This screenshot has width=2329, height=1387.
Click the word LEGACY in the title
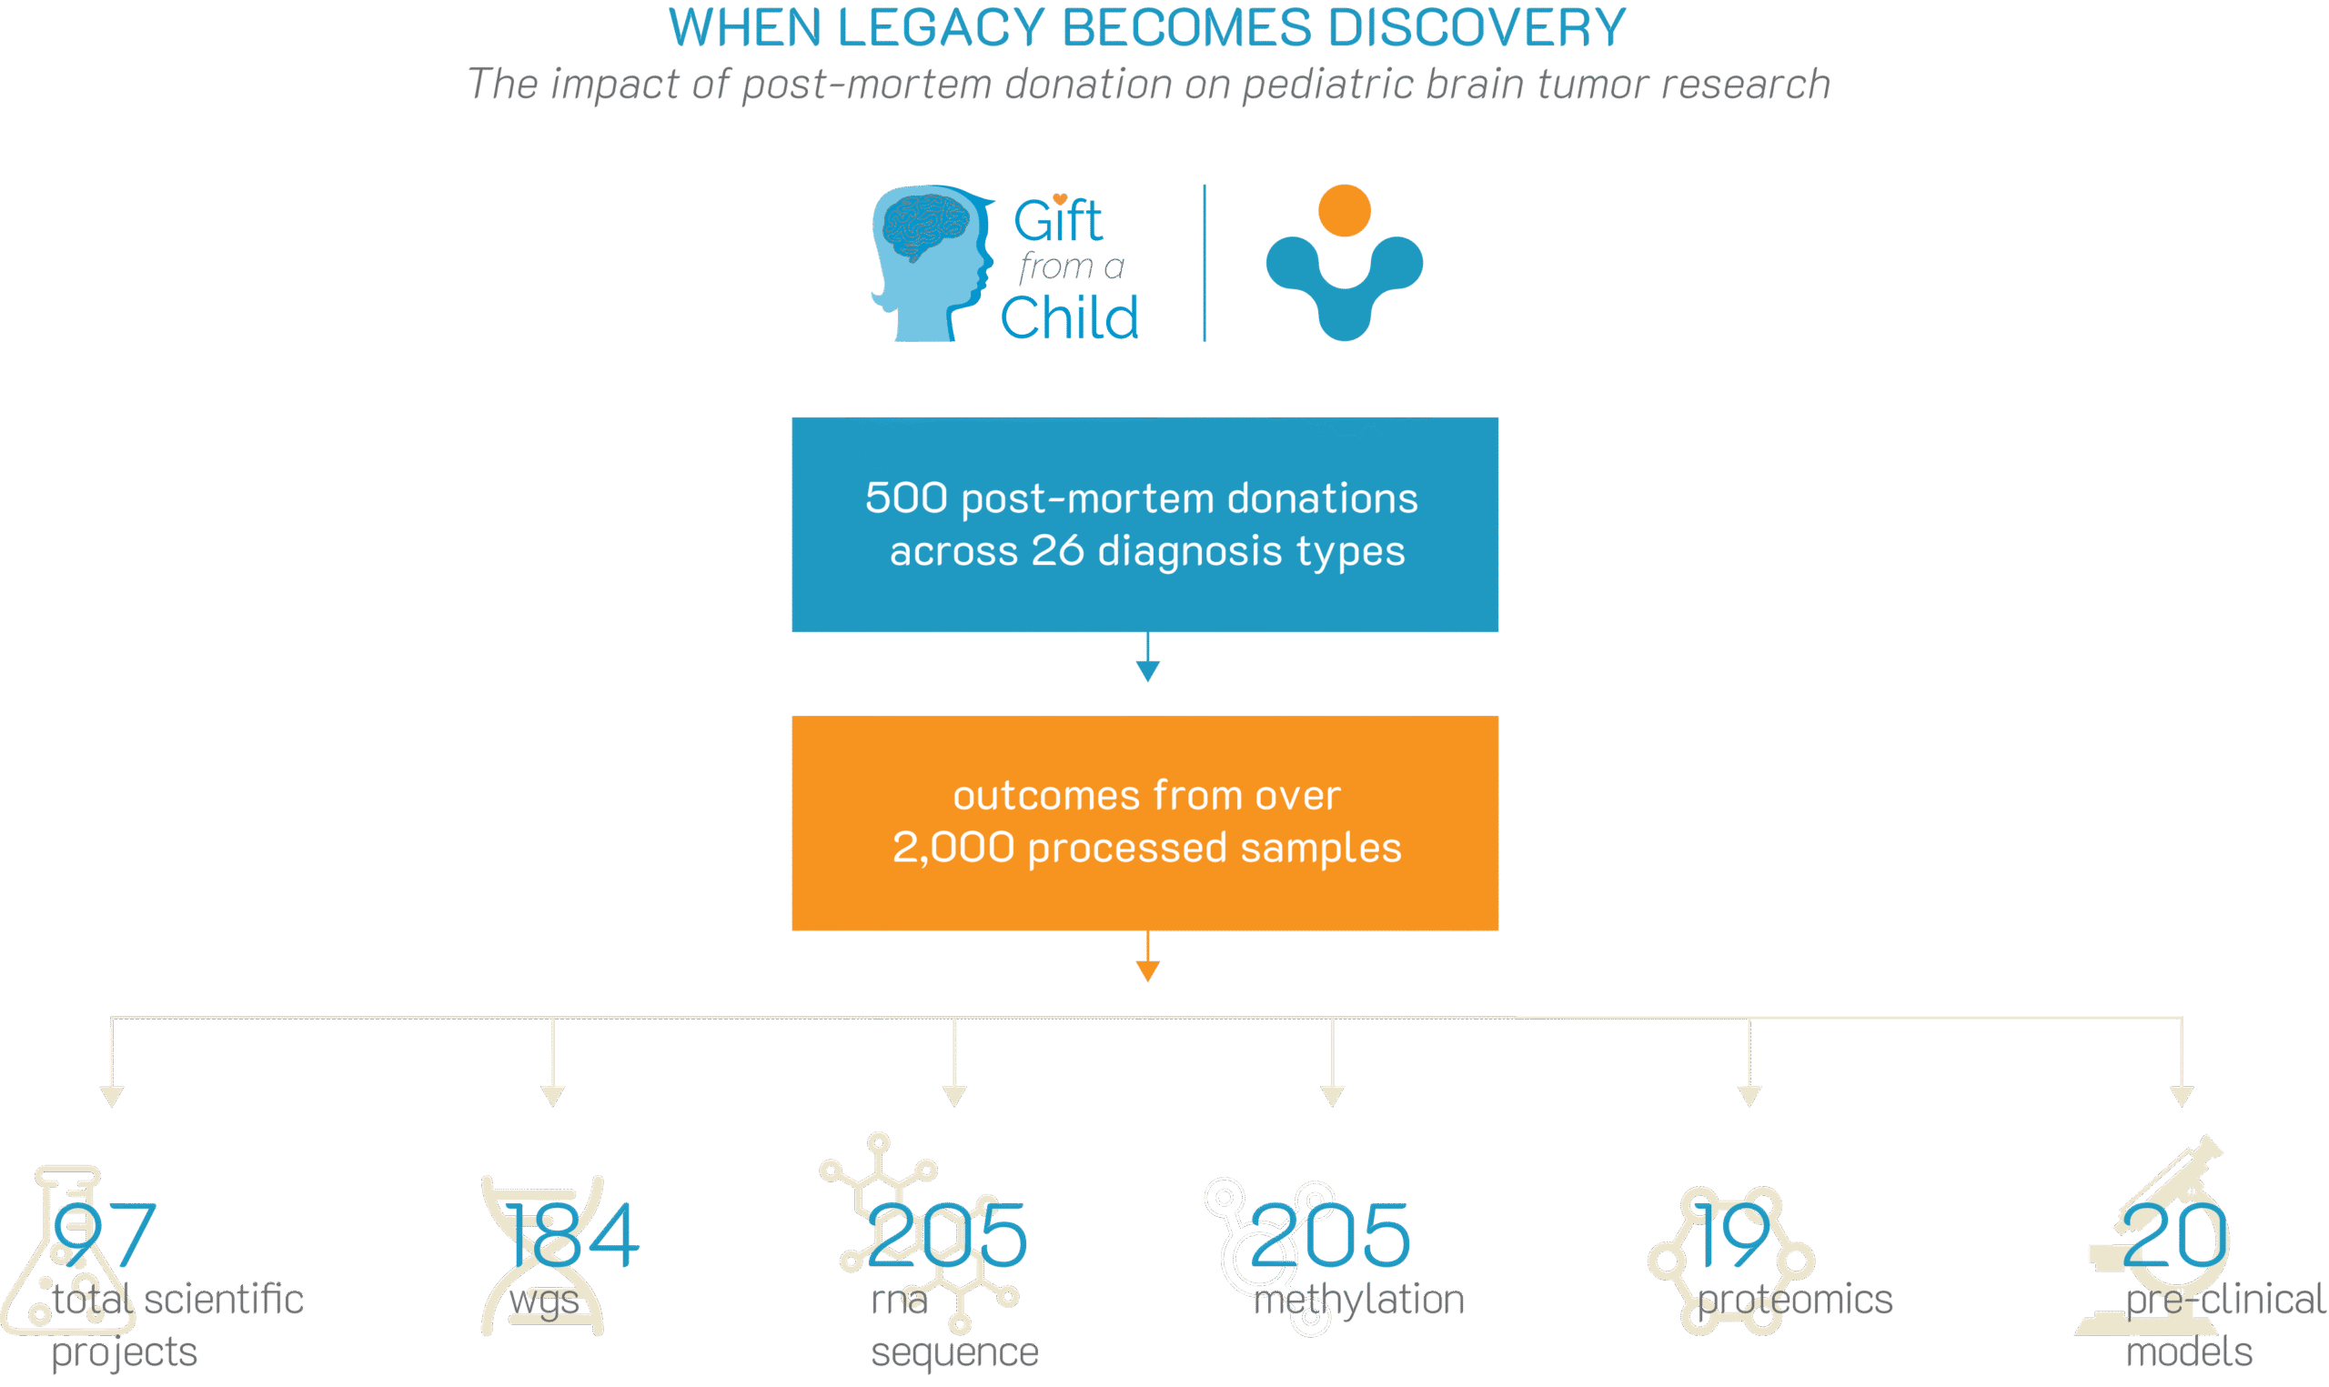(x=939, y=28)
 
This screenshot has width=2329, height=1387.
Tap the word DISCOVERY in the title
(x=1477, y=28)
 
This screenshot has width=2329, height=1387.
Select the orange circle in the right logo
(x=1344, y=210)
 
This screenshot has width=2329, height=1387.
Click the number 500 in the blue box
(x=905, y=498)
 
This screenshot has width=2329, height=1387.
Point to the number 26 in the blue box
(x=1057, y=550)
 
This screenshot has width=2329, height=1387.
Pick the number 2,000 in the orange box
(x=953, y=848)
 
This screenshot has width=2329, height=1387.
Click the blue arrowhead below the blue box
(x=1148, y=670)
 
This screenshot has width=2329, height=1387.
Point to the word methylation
(x=1358, y=1300)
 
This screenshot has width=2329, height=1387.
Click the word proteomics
(x=1795, y=1300)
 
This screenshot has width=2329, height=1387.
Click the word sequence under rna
(x=954, y=1352)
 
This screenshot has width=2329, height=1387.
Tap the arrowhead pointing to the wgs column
(x=553, y=1095)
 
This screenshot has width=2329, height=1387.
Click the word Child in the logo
(x=1070, y=317)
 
